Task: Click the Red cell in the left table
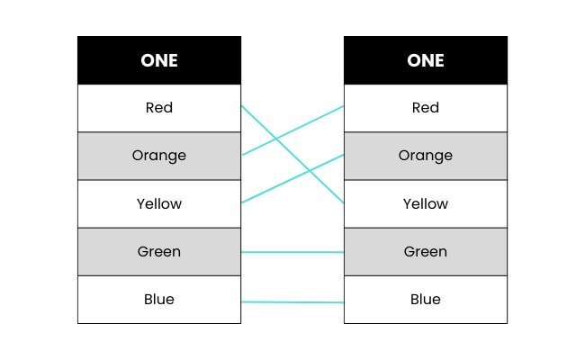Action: click(159, 108)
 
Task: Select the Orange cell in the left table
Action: click(159, 156)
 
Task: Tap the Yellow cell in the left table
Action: click(159, 203)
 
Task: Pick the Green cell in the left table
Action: click(159, 252)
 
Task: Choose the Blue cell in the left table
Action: click(159, 300)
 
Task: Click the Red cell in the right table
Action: click(426, 108)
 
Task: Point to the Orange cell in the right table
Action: click(426, 156)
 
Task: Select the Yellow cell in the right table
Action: click(426, 203)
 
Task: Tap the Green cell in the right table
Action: click(426, 252)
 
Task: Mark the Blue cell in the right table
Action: click(426, 300)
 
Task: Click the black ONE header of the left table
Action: click(159, 60)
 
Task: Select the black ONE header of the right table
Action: click(426, 60)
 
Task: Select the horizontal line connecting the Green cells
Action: click(292, 252)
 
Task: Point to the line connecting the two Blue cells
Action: click(292, 302)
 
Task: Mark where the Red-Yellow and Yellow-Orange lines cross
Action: click(310, 171)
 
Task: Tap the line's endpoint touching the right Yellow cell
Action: click(343, 203)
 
